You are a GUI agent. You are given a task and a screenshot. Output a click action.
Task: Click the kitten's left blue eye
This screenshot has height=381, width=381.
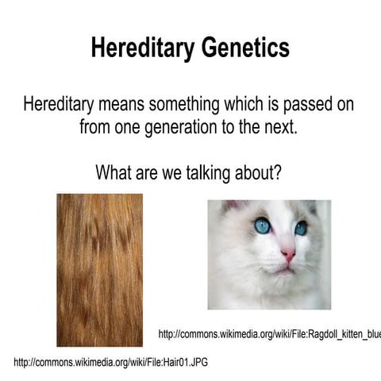point(262,226)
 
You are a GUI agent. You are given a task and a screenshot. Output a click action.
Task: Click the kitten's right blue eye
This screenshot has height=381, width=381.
point(302,229)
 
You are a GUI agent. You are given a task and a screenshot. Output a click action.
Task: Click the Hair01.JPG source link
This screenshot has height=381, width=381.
point(111,362)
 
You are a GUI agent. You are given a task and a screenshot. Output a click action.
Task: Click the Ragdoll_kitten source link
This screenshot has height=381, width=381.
point(270,334)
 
